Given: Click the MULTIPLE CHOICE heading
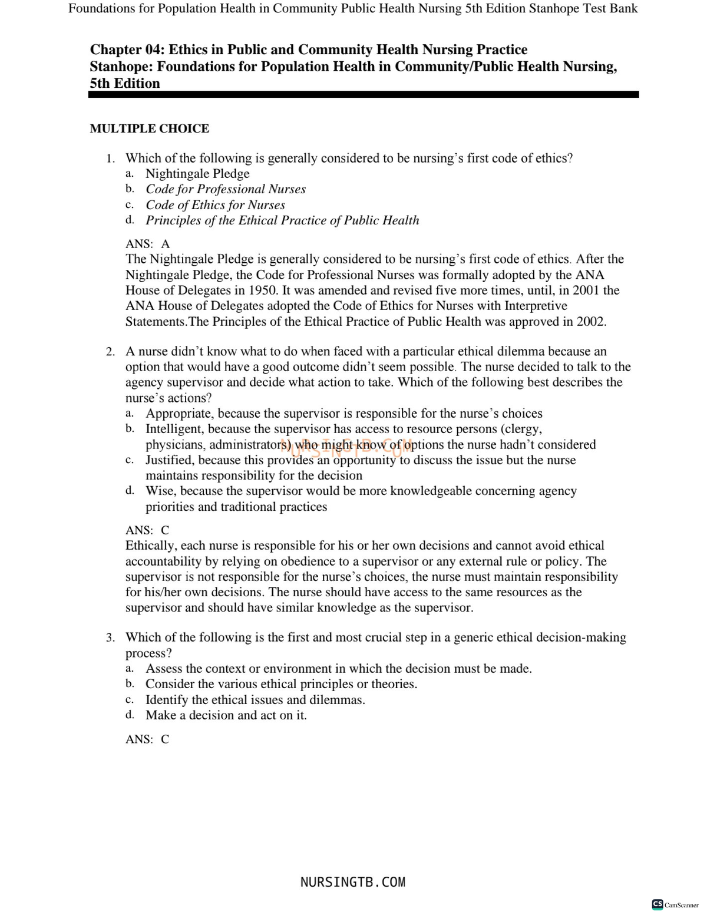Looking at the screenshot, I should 149,128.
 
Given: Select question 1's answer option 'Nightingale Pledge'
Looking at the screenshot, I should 197,174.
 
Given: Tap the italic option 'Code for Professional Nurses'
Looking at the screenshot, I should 226,189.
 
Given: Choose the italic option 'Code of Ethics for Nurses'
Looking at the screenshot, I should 215,205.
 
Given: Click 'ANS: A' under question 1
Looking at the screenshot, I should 147,244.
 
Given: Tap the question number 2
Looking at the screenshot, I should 110,352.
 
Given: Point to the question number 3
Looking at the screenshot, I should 110,637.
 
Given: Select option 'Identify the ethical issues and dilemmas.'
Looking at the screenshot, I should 255,700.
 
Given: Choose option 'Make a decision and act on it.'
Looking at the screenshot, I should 226,715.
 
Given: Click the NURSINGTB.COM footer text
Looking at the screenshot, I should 353,882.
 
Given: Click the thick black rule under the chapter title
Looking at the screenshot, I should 364,94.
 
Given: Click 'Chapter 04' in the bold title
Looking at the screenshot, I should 124,50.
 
